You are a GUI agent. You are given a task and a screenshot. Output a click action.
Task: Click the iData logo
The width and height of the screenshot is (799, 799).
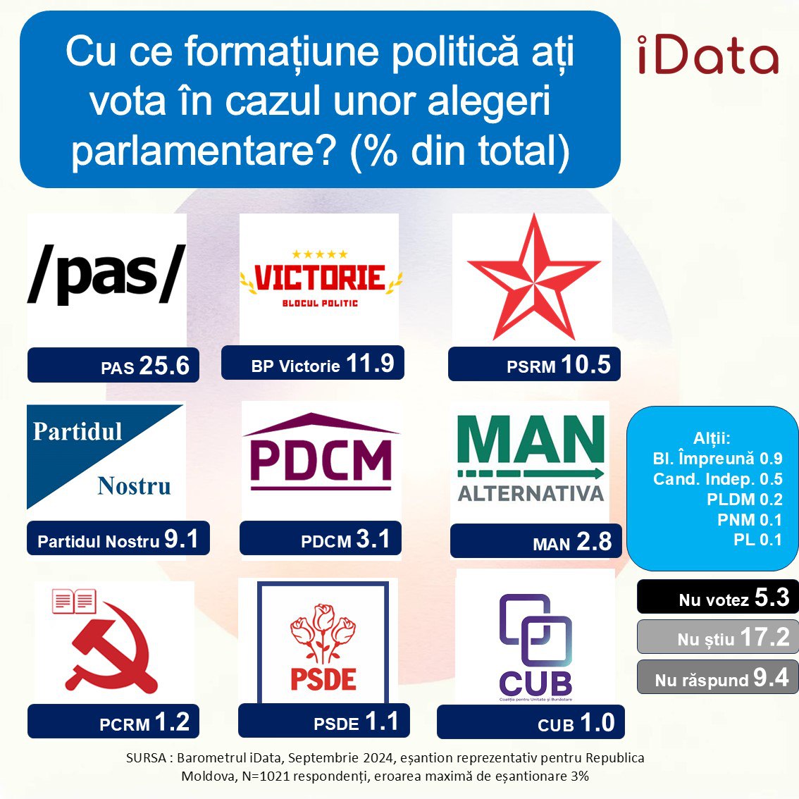pos(708,55)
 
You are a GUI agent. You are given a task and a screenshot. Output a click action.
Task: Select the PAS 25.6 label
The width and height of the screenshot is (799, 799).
pos(113,365)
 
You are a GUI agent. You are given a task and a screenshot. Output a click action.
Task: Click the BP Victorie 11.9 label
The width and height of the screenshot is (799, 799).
pos(312,363)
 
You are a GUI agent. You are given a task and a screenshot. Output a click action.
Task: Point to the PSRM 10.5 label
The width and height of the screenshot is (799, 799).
pos(534,364)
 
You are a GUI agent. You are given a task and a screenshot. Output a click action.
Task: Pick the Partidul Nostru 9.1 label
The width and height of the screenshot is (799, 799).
pos(118,538)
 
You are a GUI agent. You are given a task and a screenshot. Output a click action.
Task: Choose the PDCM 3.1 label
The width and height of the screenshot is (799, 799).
pos(321,538)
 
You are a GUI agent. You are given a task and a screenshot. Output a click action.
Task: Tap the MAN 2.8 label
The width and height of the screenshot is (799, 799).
pos(536,540)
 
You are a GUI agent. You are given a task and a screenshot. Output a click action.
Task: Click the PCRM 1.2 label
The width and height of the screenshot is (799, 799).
pos(113,721)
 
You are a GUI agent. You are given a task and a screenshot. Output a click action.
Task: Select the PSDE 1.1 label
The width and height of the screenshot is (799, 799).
pos(323,721)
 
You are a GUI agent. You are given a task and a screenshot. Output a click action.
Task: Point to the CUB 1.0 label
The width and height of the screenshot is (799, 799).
pos(531,721)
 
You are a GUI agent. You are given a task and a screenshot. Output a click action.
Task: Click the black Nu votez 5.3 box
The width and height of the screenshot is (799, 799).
pos(718,597)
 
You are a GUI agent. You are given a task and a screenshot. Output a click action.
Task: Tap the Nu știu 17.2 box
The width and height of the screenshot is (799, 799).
pos(718,636)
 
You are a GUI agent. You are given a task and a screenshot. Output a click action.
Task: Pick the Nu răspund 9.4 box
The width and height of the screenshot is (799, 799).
pos(718,676)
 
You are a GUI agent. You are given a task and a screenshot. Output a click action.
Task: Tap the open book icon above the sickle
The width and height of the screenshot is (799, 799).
pos(75,601)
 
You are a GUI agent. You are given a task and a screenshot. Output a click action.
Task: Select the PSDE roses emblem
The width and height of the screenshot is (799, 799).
pos(323,633)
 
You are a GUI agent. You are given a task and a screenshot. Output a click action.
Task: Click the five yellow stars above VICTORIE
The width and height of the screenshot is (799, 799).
pos(319,254)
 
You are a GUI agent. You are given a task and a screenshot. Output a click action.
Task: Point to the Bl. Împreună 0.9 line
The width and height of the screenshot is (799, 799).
pos(717,459)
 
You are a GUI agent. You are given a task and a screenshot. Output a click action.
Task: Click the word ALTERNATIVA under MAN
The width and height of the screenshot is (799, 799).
pos(531,493)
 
